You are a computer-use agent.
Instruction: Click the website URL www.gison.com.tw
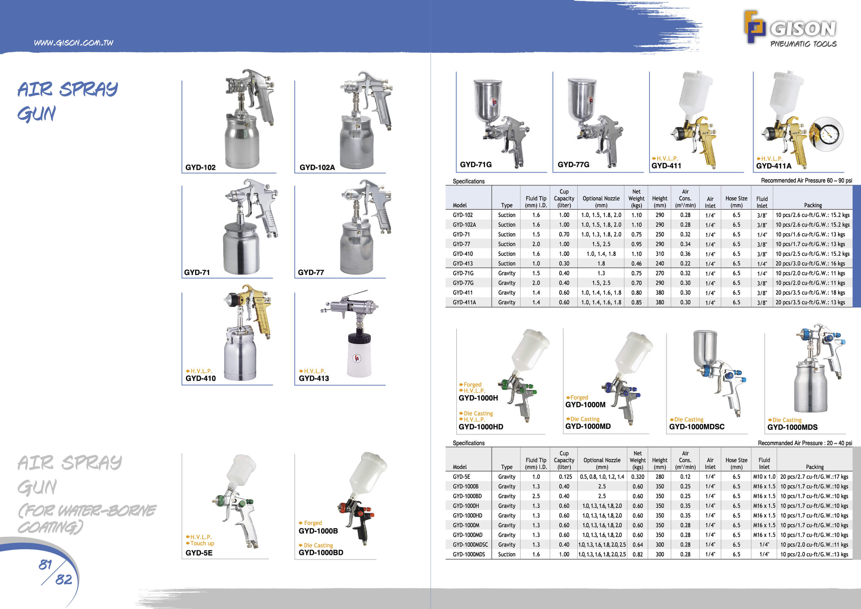coord(74,43)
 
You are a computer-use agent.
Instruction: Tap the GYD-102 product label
coord(200,168)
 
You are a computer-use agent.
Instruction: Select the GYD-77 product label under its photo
coord(310,273)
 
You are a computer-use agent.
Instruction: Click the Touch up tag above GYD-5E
coord(202,543)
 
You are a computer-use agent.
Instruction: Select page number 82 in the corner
coord(64,580)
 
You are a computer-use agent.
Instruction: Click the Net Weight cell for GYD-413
coord(636,264)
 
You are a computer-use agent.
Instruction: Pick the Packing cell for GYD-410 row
coord(812,254)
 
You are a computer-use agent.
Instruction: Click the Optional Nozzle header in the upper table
coord(601,201)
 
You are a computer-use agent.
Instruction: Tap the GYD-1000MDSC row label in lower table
coord(470,544)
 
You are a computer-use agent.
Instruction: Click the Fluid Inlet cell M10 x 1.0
coord(764,477)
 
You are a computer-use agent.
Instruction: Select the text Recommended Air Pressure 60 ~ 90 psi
coord(806,181)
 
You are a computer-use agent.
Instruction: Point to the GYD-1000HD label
coord(481,427)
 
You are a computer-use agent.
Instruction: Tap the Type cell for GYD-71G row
coord(506,273)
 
